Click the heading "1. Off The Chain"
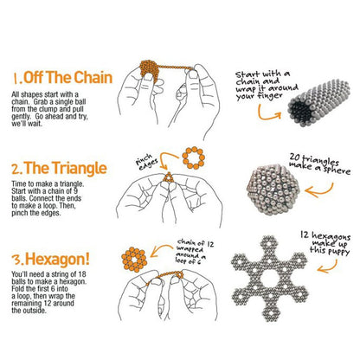coord(62,78)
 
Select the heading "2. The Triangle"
coord(59,168)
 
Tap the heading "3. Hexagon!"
coord(50,259)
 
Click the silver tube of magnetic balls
coord(318,103)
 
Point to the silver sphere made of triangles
coord(273,190)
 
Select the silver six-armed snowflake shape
coord(270,279)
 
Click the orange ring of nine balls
coord(194,157)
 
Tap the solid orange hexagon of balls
coord(134,260)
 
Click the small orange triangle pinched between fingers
coord(168,177)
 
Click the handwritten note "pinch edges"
coord(146,162)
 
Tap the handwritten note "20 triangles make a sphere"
coord(319,164)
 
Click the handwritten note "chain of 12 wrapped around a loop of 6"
coord(194,251)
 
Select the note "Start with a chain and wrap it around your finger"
coord(265,86)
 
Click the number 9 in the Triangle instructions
coord(75,191)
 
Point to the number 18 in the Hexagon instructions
coord(82,274)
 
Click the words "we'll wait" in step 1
coord(27,124)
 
